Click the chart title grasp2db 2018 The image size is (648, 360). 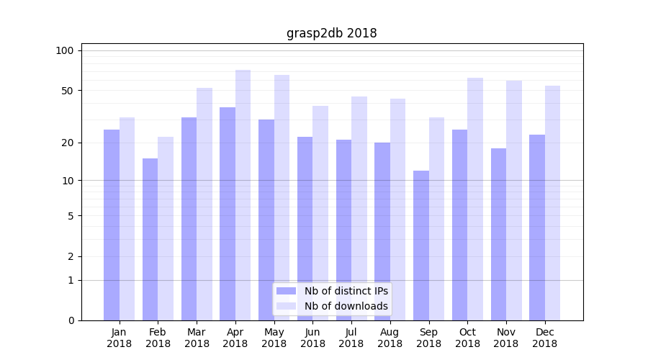click(331, 33)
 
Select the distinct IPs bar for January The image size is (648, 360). click(112, 225)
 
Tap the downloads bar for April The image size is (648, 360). click(243, 194)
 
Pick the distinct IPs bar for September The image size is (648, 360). click(421, 245)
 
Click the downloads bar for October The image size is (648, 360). click(475, 199)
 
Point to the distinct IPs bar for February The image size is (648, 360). click(150, 239)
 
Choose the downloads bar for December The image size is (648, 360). click(552, 203)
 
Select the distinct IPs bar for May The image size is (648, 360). click(266, 220)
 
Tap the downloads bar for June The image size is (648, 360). click(320, 212)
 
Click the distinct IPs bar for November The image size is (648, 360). click(498, 234)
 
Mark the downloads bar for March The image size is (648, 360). click(204, 204)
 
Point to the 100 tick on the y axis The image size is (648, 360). click(65, 50)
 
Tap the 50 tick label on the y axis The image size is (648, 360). click(67, 91)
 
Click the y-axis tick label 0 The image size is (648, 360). click(71, 320)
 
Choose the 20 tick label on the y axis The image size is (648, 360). click(67, 143)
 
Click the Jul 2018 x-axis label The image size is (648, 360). click(351, 338)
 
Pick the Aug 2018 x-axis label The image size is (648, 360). click(390, 338)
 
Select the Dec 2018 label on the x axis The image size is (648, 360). click(544, 338)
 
